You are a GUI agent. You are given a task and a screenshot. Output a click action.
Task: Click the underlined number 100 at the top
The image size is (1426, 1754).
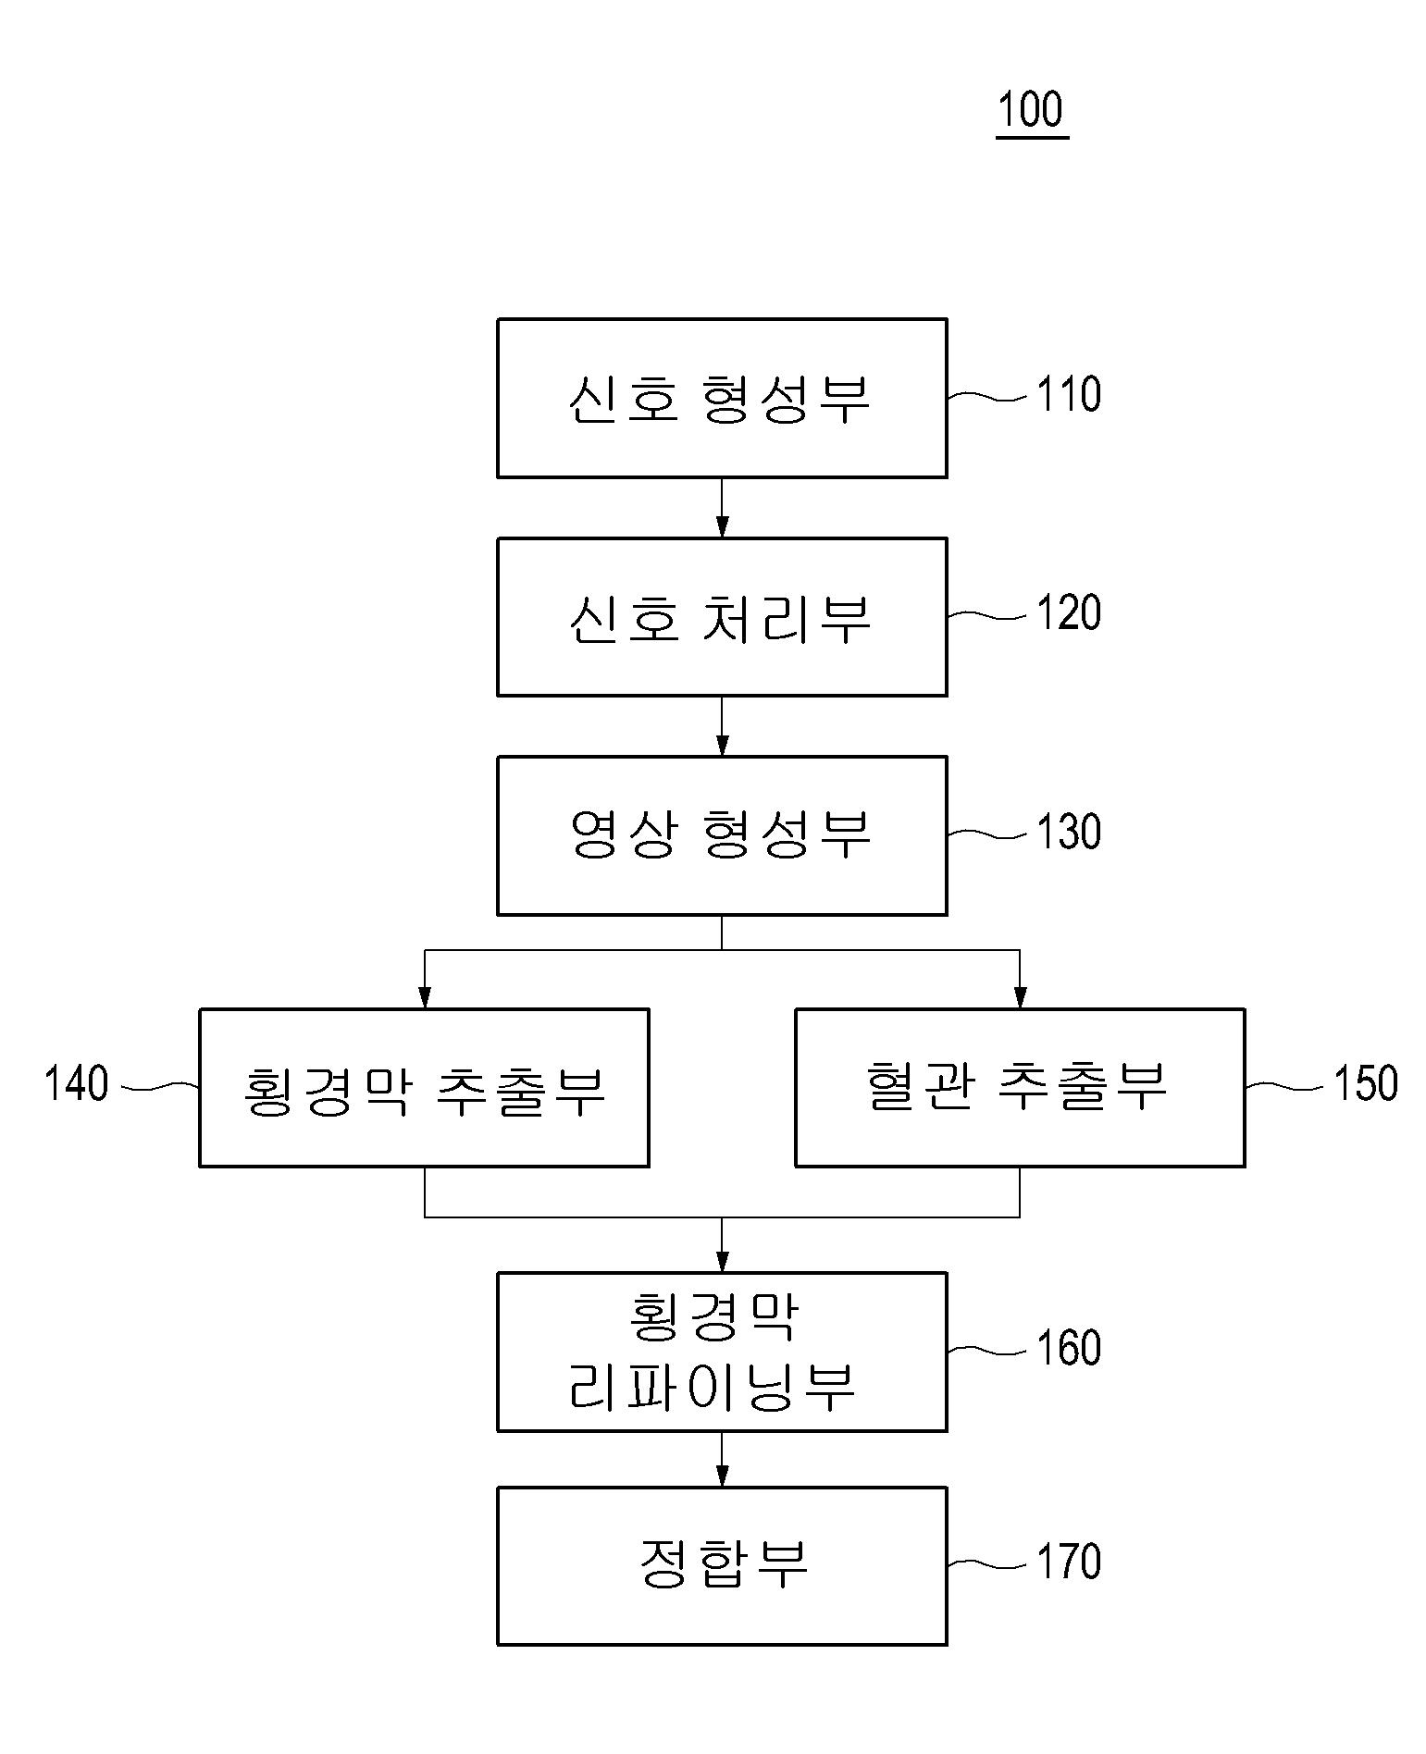[x=1031, y=110]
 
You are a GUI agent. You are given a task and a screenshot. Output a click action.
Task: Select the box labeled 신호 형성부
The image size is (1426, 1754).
[x=721, y=398]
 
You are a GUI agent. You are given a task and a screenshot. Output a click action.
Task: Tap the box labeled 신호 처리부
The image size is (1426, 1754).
[x=721, y=616]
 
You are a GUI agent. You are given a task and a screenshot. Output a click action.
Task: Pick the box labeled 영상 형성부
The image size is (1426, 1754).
[x=721, y=835]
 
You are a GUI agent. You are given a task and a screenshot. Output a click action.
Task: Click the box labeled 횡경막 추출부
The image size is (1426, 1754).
[x=424, y=1087]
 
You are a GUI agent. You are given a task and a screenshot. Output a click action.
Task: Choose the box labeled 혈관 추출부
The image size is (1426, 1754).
[x=1019, y=1087]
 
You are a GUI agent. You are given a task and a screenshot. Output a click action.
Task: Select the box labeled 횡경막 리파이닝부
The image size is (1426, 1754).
[x=721, y=1352]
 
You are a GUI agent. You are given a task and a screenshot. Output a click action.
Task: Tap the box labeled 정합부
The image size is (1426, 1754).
[x=721, y=1565]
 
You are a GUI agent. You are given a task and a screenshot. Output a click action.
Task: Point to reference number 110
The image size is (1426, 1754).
[x=1068, y=395]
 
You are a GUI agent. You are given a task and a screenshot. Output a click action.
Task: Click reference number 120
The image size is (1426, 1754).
[x=1068, y=613]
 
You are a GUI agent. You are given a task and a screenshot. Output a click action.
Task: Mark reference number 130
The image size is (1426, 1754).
[x=1068, y=832]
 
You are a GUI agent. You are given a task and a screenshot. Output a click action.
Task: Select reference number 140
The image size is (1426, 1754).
[x=77, y=1083]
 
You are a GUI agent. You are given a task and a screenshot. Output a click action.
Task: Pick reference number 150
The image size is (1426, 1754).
[x=1365, y=1083]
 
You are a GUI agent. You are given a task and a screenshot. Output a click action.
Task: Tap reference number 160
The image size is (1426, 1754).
[x=1068, y=1348]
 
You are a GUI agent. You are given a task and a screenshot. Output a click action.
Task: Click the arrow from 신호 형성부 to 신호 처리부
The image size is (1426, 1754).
[x=722, y=508]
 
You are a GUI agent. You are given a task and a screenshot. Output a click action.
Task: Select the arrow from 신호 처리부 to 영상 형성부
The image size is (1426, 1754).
[x=722, y=726]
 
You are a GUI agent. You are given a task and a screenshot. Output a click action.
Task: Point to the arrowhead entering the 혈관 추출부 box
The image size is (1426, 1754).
[x=1020, y=996]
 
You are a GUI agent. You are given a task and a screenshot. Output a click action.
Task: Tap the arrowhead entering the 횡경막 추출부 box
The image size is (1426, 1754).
[x=425, y=996]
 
